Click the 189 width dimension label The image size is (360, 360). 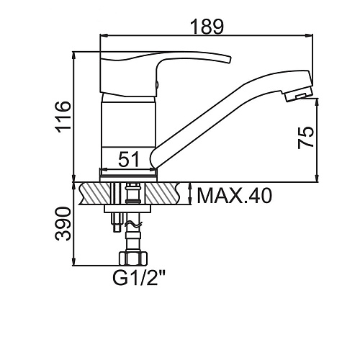207,26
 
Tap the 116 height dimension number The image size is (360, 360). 63,117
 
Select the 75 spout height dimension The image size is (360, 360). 305,138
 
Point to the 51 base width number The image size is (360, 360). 129,159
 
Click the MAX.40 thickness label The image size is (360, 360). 234,196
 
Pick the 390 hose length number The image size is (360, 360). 63,224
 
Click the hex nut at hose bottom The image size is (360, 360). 133,258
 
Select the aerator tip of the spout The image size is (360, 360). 298,95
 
